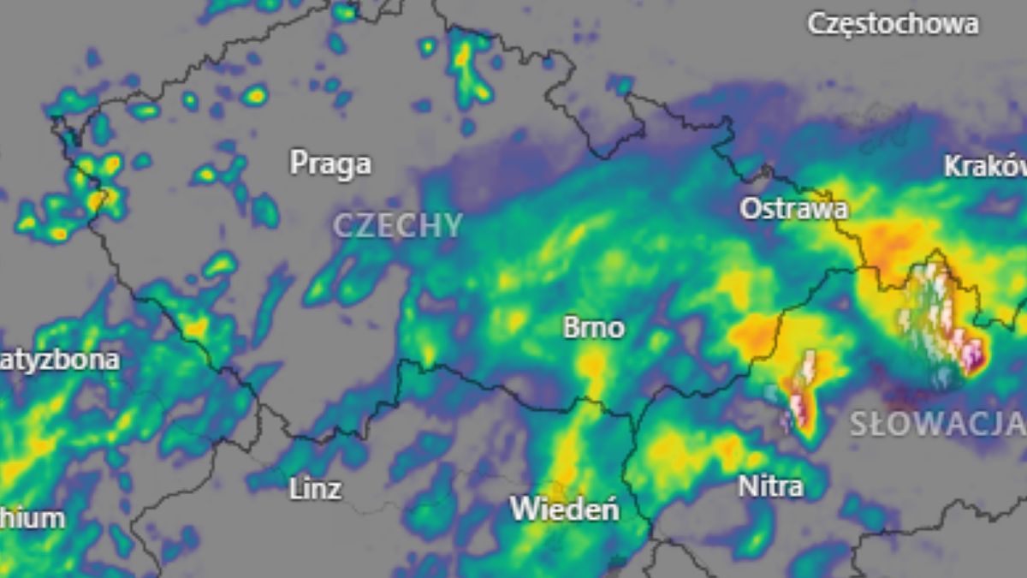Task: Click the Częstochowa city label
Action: point(893,23)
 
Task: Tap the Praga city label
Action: point(330,163)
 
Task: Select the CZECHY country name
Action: point(397,226)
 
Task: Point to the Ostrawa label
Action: point(794,208)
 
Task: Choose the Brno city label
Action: point(593,328)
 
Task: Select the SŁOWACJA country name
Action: point(936,423)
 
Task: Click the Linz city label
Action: point(315,489)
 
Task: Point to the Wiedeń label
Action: point(565,509)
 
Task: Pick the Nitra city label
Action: point(770,486)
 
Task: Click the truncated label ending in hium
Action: point(32,518)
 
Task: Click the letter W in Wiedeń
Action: point(522,509)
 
